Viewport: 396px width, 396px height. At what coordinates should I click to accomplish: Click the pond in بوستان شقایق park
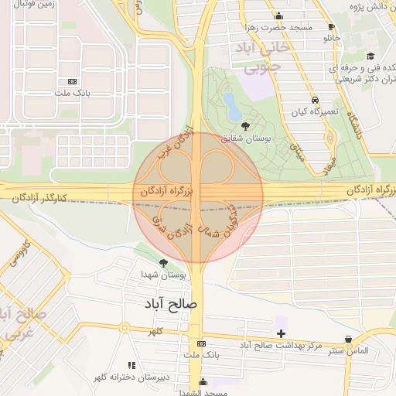230,103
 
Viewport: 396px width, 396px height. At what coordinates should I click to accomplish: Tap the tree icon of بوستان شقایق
246,126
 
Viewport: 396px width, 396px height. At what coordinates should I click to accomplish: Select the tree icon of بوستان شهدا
163,263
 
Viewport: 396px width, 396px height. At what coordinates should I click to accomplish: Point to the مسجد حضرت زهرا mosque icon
278,15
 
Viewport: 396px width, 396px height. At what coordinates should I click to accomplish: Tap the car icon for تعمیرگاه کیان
315,100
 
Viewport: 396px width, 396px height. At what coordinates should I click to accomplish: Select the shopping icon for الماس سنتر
349,340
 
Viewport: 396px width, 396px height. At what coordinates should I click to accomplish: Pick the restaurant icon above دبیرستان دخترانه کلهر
130,364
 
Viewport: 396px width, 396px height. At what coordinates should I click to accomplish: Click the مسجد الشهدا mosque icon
203,381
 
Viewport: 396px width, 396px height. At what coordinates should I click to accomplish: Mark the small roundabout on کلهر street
124,329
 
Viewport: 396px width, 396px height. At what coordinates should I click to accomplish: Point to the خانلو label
331,38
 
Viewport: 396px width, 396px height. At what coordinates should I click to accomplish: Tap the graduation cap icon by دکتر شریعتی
370,56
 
